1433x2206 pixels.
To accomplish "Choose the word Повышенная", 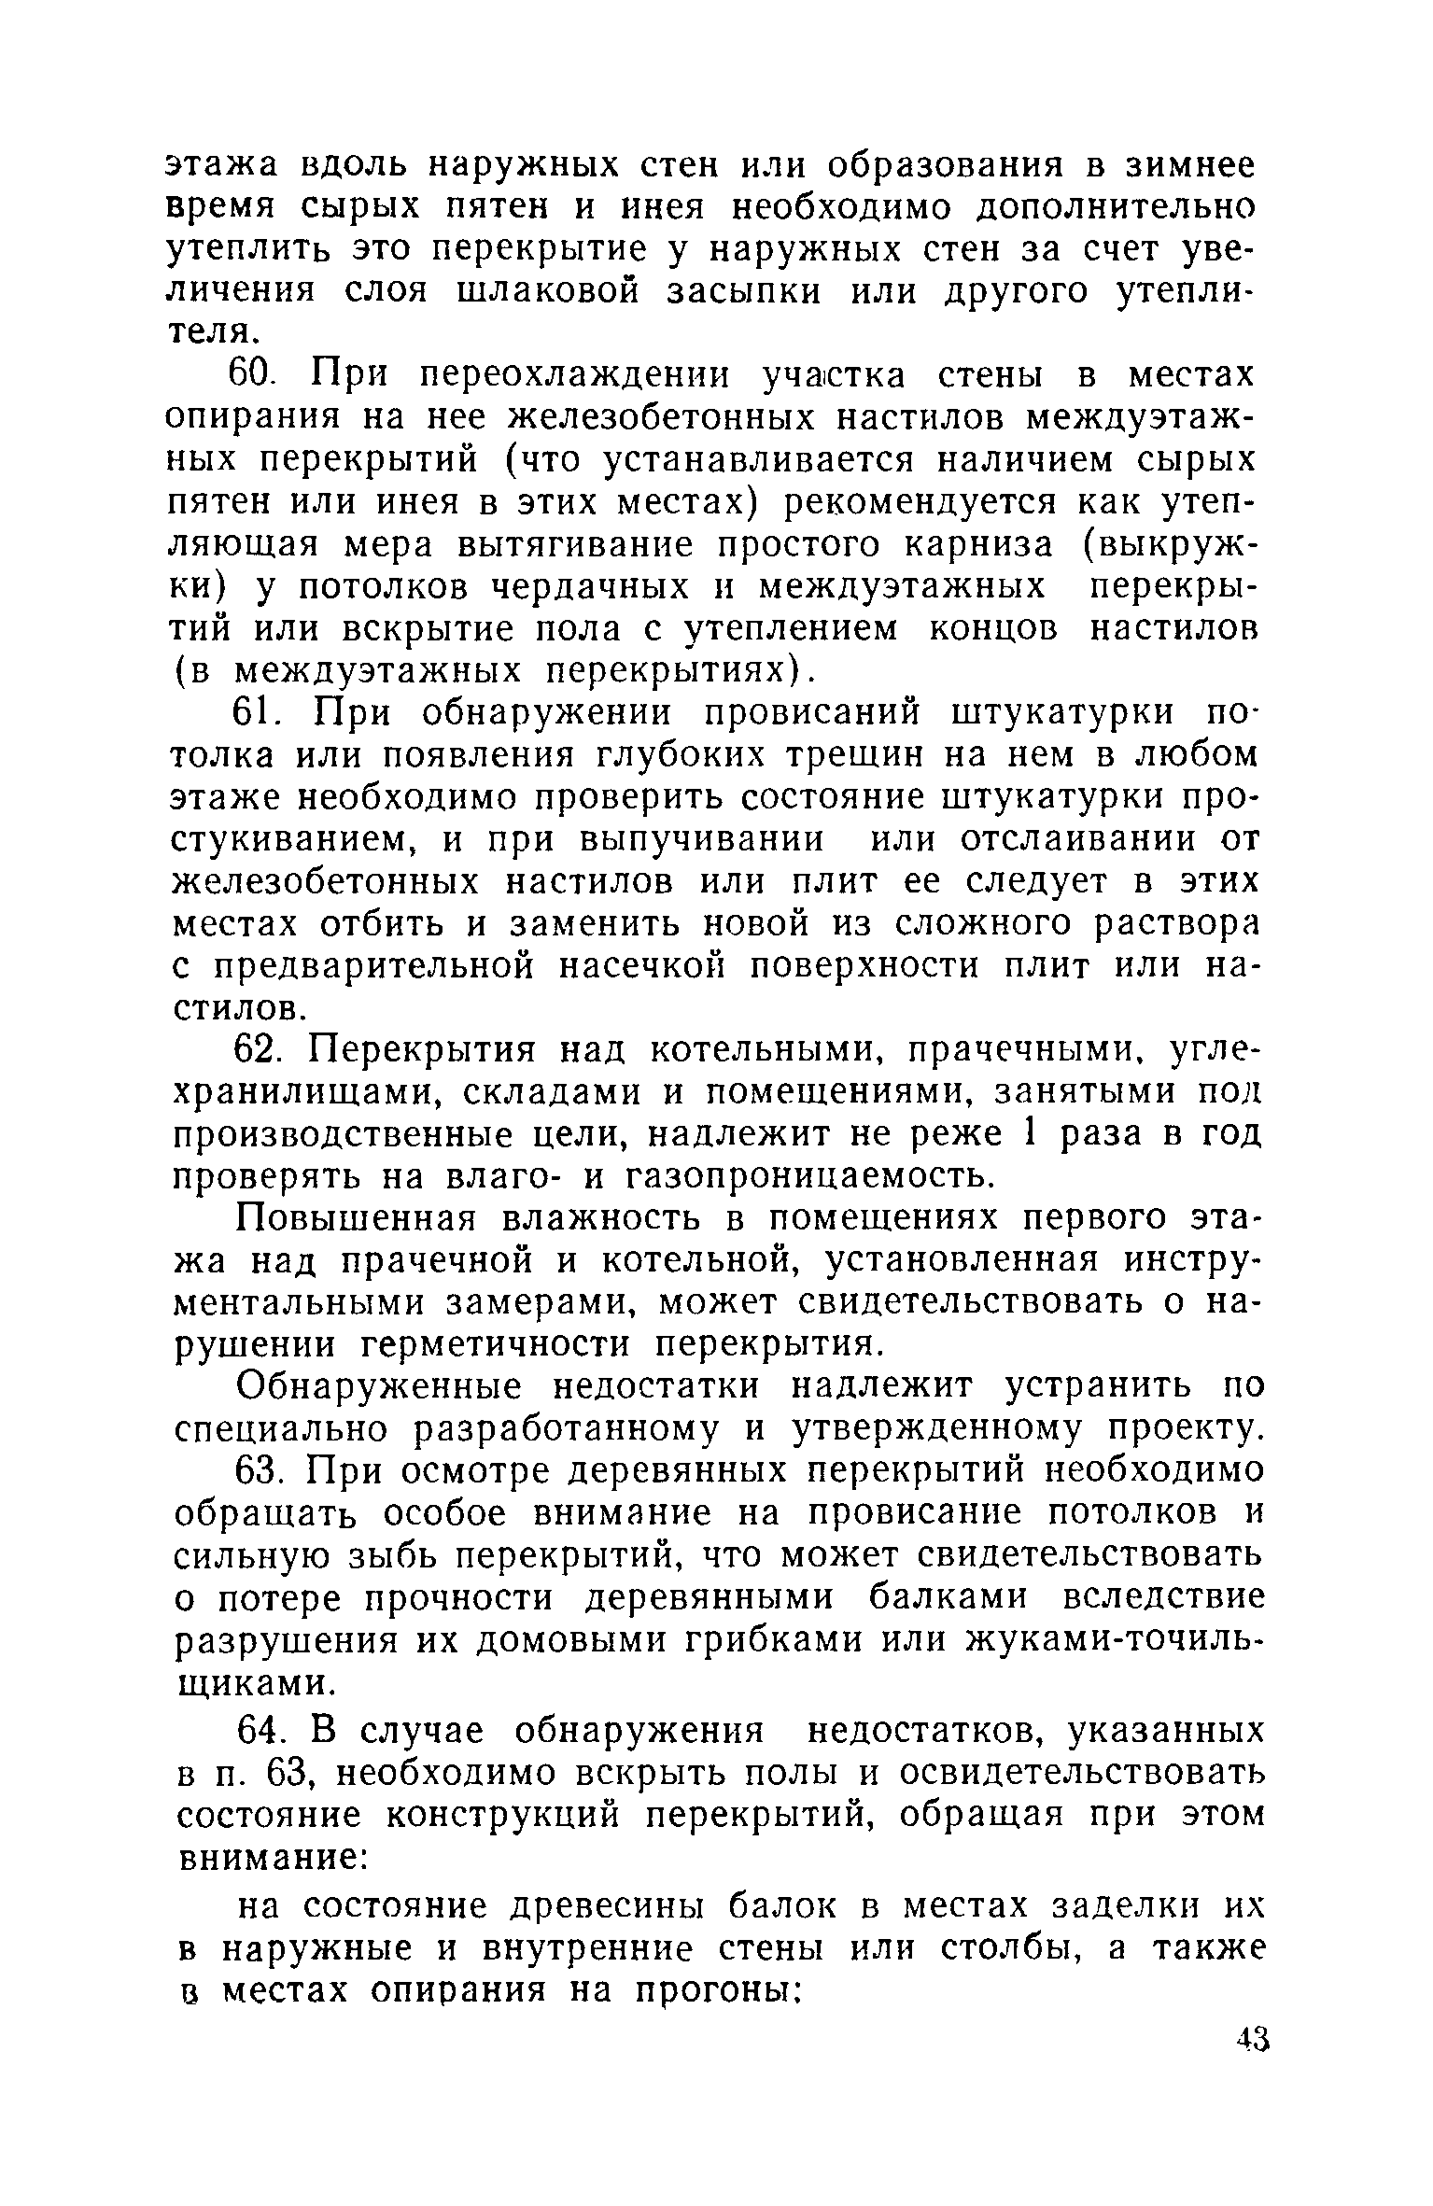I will (x=356, y=1220).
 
